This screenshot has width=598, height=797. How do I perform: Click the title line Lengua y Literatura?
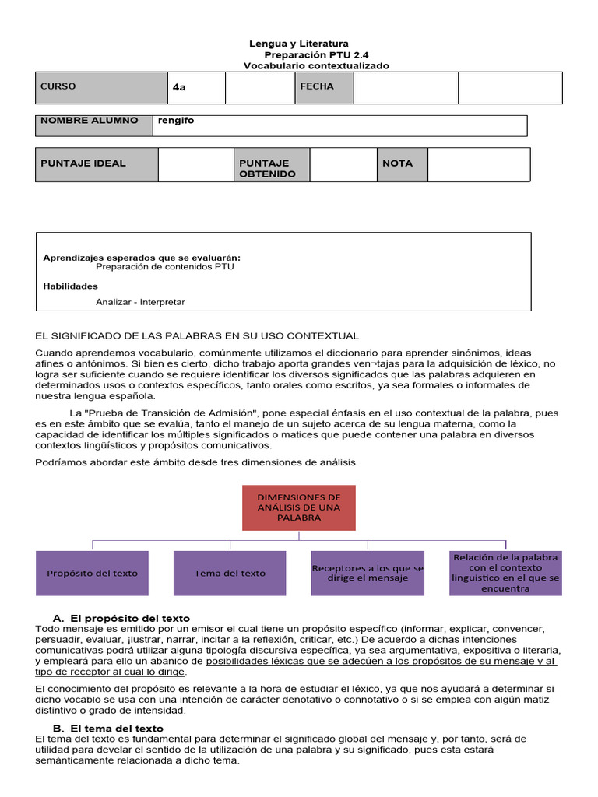click(299, 44)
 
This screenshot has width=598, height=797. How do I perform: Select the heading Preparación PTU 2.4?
click(316, 55)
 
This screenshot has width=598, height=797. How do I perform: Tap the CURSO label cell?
click(101, 87)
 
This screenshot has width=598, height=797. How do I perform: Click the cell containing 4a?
click(196, 87)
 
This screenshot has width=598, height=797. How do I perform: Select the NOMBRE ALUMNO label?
click(94, 125)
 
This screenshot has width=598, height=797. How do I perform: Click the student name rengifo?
click(176, 121)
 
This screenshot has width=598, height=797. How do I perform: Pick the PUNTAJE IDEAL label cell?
click(97, 164)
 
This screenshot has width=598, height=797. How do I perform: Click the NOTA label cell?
click(402, 163)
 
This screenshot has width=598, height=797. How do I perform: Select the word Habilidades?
click(70, 286)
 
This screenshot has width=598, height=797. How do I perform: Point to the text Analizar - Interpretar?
click(140, 302)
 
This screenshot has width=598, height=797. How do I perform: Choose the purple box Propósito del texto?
click(92, 573)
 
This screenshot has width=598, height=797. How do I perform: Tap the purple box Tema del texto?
click(230, 573)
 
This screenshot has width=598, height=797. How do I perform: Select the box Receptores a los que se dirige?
click(368, 574)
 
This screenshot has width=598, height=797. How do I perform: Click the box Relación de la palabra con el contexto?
click(505, 573)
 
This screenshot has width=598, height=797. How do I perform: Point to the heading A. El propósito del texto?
click(121, 618)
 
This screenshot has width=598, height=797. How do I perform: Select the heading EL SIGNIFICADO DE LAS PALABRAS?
click(197, 335)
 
